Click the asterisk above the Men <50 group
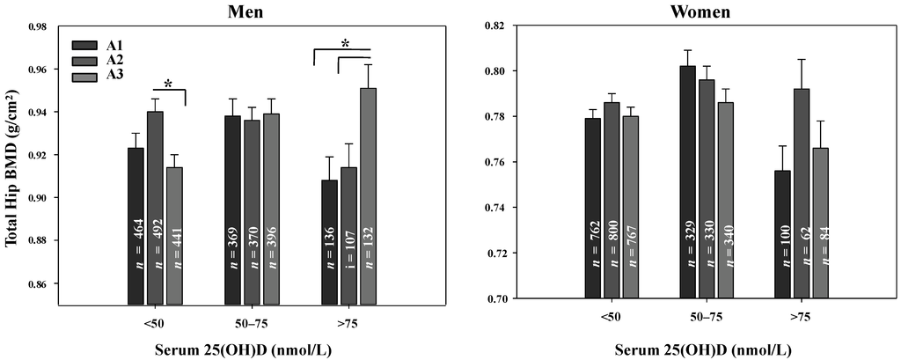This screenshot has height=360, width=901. tap(168, 84)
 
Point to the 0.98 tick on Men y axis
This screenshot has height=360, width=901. tap(32, 26)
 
